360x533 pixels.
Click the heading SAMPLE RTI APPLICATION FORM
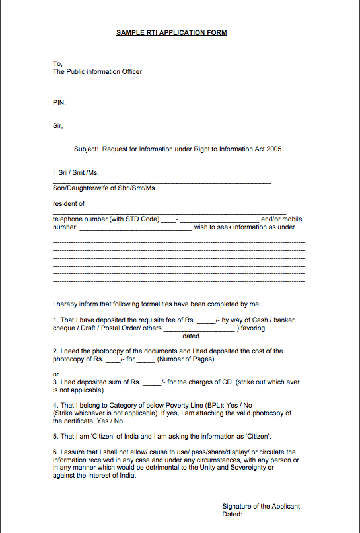(171, 32)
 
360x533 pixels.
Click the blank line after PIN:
(111, 103)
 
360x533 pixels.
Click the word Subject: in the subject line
(86, 149)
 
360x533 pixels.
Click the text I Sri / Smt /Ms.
(75, 172)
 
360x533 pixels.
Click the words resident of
(69, 203)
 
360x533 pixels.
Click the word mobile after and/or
(293, 219)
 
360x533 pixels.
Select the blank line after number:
(135, 227)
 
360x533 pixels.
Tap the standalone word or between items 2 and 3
(56, 374)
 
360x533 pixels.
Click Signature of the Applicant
(261, 507)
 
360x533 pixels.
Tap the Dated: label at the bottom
(233, 514)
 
